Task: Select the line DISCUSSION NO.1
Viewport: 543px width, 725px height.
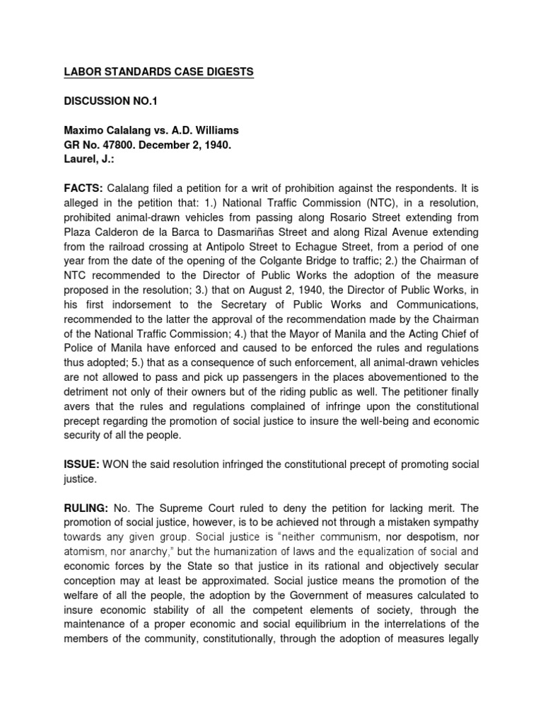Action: (x=108, y=102)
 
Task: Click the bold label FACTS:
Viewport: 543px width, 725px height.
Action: (x=82, y=189)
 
